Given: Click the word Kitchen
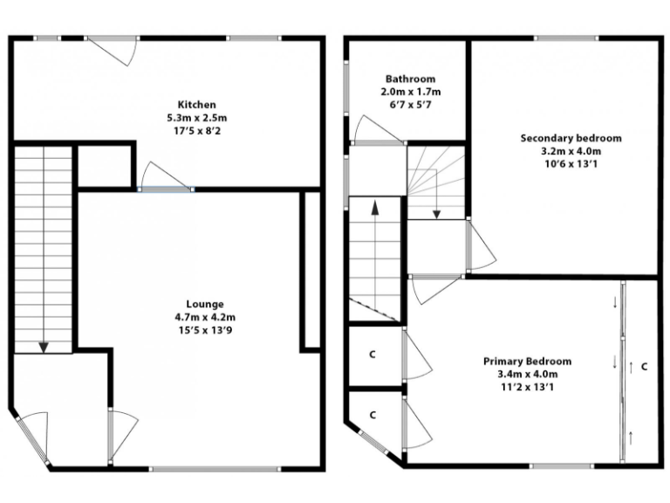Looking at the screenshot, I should tap(196, 105).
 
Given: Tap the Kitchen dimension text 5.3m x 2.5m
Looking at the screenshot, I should tap(196, 118).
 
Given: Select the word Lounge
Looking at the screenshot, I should tap(205, 304).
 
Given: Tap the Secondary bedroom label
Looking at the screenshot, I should tap(571, 138).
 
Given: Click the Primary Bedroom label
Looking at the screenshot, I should tap(528, 362).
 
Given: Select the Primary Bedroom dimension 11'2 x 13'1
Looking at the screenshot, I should tap(528, 388).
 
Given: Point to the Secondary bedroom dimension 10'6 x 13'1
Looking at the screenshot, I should tap(571, 164).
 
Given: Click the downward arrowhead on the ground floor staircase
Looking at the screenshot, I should tap(43, 347).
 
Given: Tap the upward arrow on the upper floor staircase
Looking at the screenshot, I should tap(375, 208).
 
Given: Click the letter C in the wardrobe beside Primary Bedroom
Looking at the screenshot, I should tap(645, 366).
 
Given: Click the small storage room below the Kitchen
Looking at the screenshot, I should tap(104, 165).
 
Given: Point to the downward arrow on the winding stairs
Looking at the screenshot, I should tap(436, 213).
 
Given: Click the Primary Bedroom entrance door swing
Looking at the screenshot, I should tap(434, 288).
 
